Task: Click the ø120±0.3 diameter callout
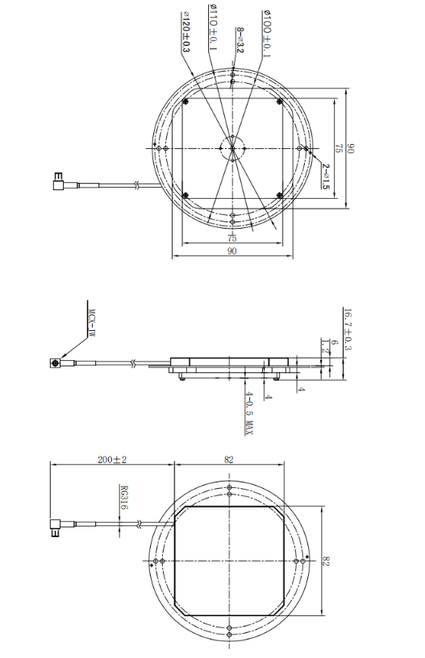186,33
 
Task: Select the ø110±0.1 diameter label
214,27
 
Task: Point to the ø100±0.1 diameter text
267,33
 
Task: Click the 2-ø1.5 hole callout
325,176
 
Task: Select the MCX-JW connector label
91,317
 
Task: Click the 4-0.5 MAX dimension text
249,412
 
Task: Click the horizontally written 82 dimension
229,459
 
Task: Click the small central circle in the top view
231,148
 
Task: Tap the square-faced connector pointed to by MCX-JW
56,363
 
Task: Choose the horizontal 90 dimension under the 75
231,252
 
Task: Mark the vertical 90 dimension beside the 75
350,149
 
